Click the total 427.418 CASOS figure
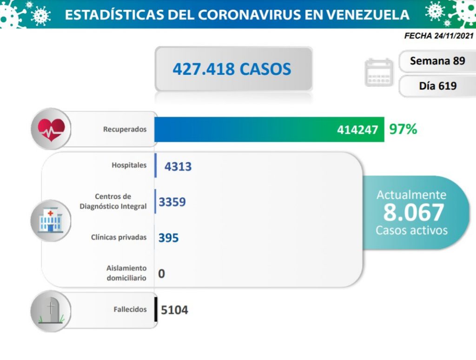pos(232,69)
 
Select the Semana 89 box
pos(437,61)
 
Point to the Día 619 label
pos(437,85)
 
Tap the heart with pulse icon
pos(51,129)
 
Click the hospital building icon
pos(51,219)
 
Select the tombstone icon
pos(51,310)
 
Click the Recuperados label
pos(125,129)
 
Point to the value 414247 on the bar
pos(357,130)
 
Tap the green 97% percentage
pos(403,129)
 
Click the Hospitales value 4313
pos(178,166)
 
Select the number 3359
pos(172,202)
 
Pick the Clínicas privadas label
pos(119,237)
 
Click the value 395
pos(168,237)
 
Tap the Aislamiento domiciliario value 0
pos(161,274)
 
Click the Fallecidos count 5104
pos(174,310)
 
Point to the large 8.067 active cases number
pos(413,212)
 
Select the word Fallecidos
pos(130,309)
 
